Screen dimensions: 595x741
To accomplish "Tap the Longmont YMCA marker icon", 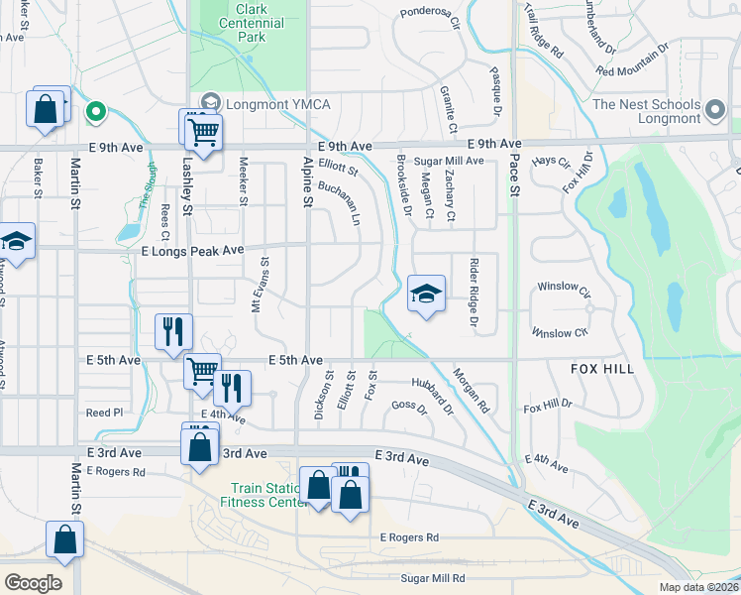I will click(210, 101).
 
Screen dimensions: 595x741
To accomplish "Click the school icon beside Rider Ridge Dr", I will click(426, 294).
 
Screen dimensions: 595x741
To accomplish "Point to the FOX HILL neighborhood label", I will click(601, 368).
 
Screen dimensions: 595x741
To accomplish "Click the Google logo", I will click(32, 583).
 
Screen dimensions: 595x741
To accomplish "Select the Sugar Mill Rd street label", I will click(433, 577).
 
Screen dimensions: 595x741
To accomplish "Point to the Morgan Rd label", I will click(471, 391).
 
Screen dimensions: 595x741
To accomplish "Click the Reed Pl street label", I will click(104, 413).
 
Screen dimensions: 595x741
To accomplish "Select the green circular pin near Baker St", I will click(95, 111).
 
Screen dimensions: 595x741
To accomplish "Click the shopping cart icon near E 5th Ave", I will click(203, 371).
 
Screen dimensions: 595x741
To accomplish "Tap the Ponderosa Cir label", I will click(431, 14).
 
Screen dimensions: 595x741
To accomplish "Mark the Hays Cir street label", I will click(551, 161).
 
